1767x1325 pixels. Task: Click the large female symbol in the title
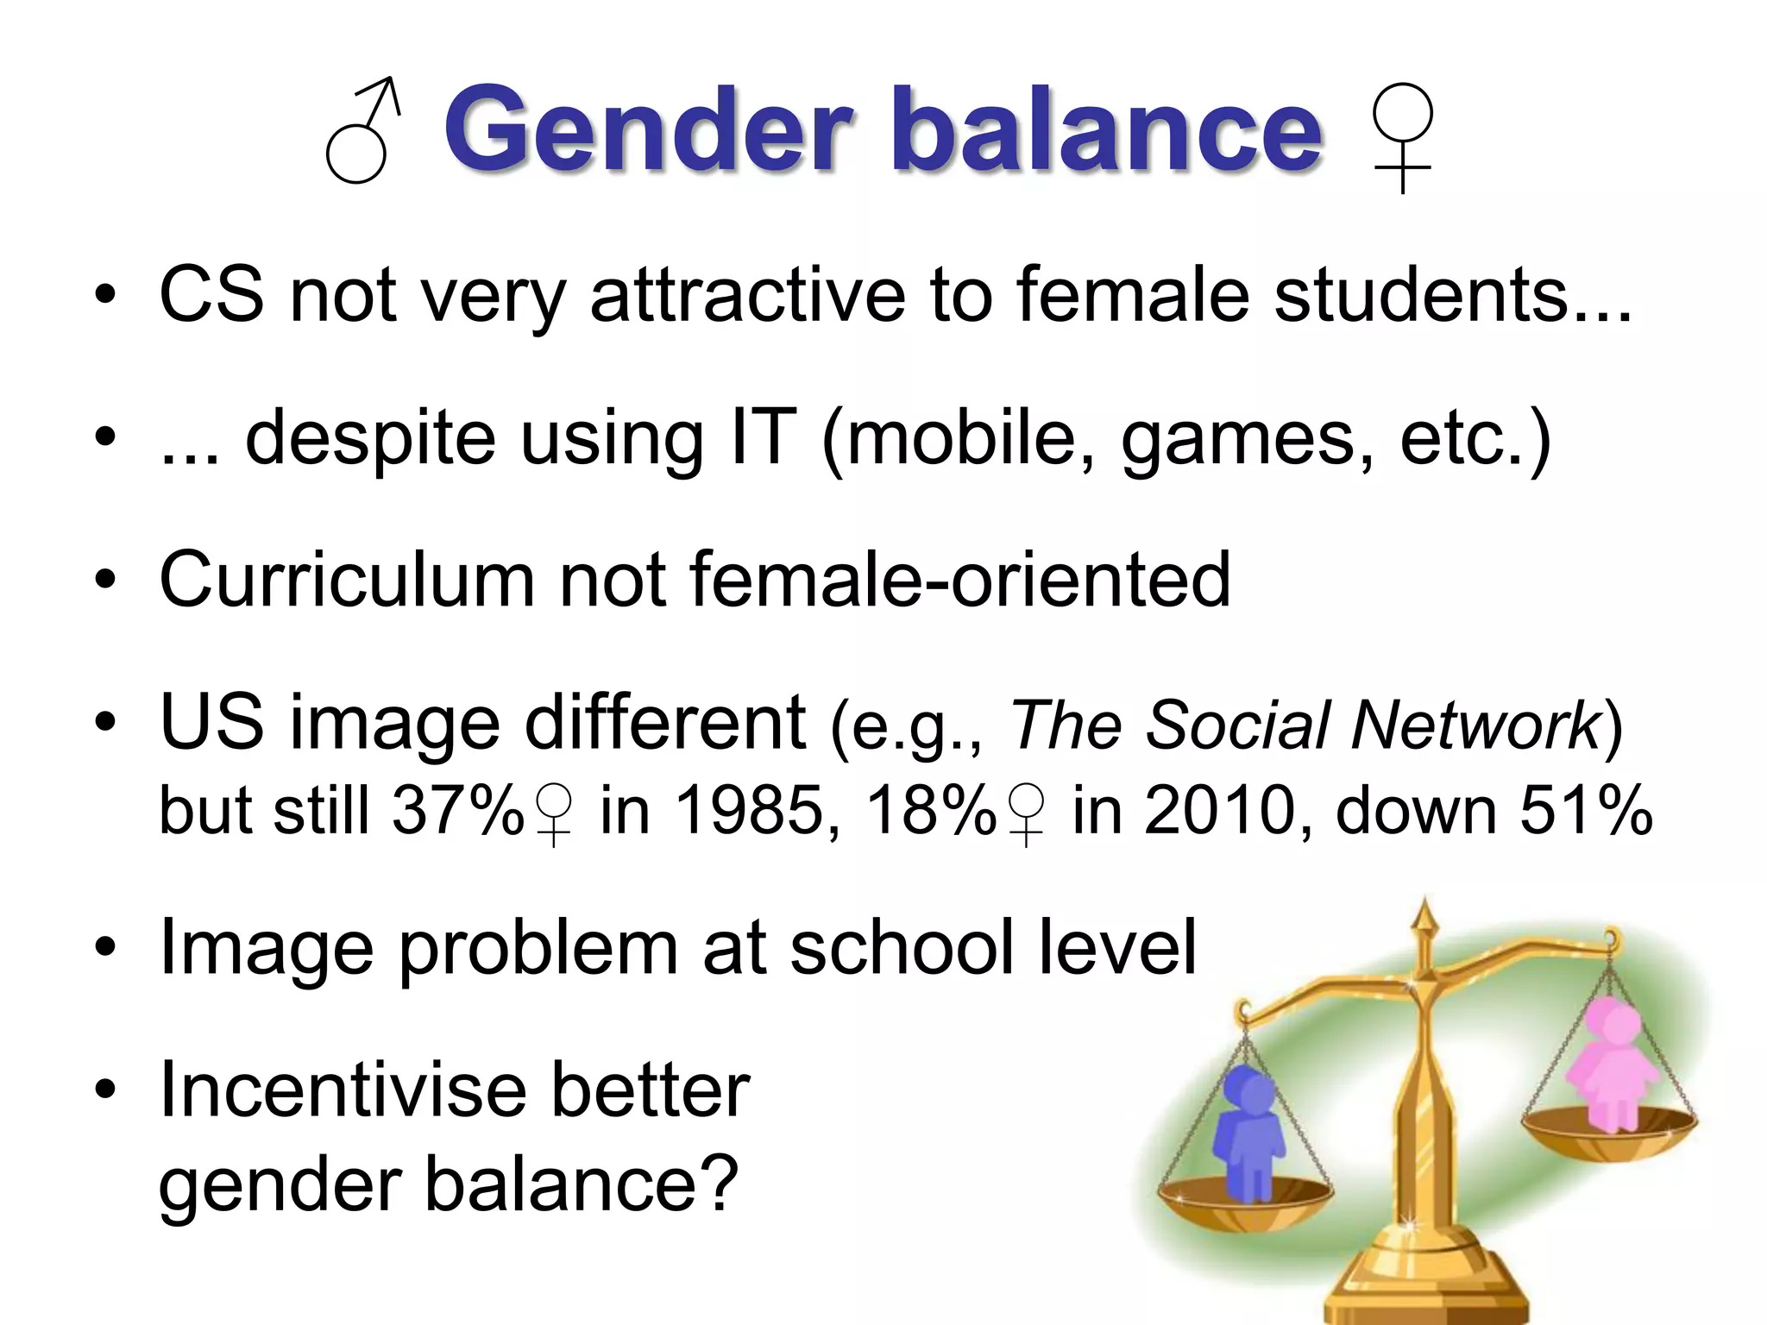coord(1403,136)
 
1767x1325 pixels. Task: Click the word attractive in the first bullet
coord(747,295)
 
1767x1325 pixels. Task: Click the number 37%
coord(458,810)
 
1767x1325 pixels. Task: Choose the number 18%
coord(931,810)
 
